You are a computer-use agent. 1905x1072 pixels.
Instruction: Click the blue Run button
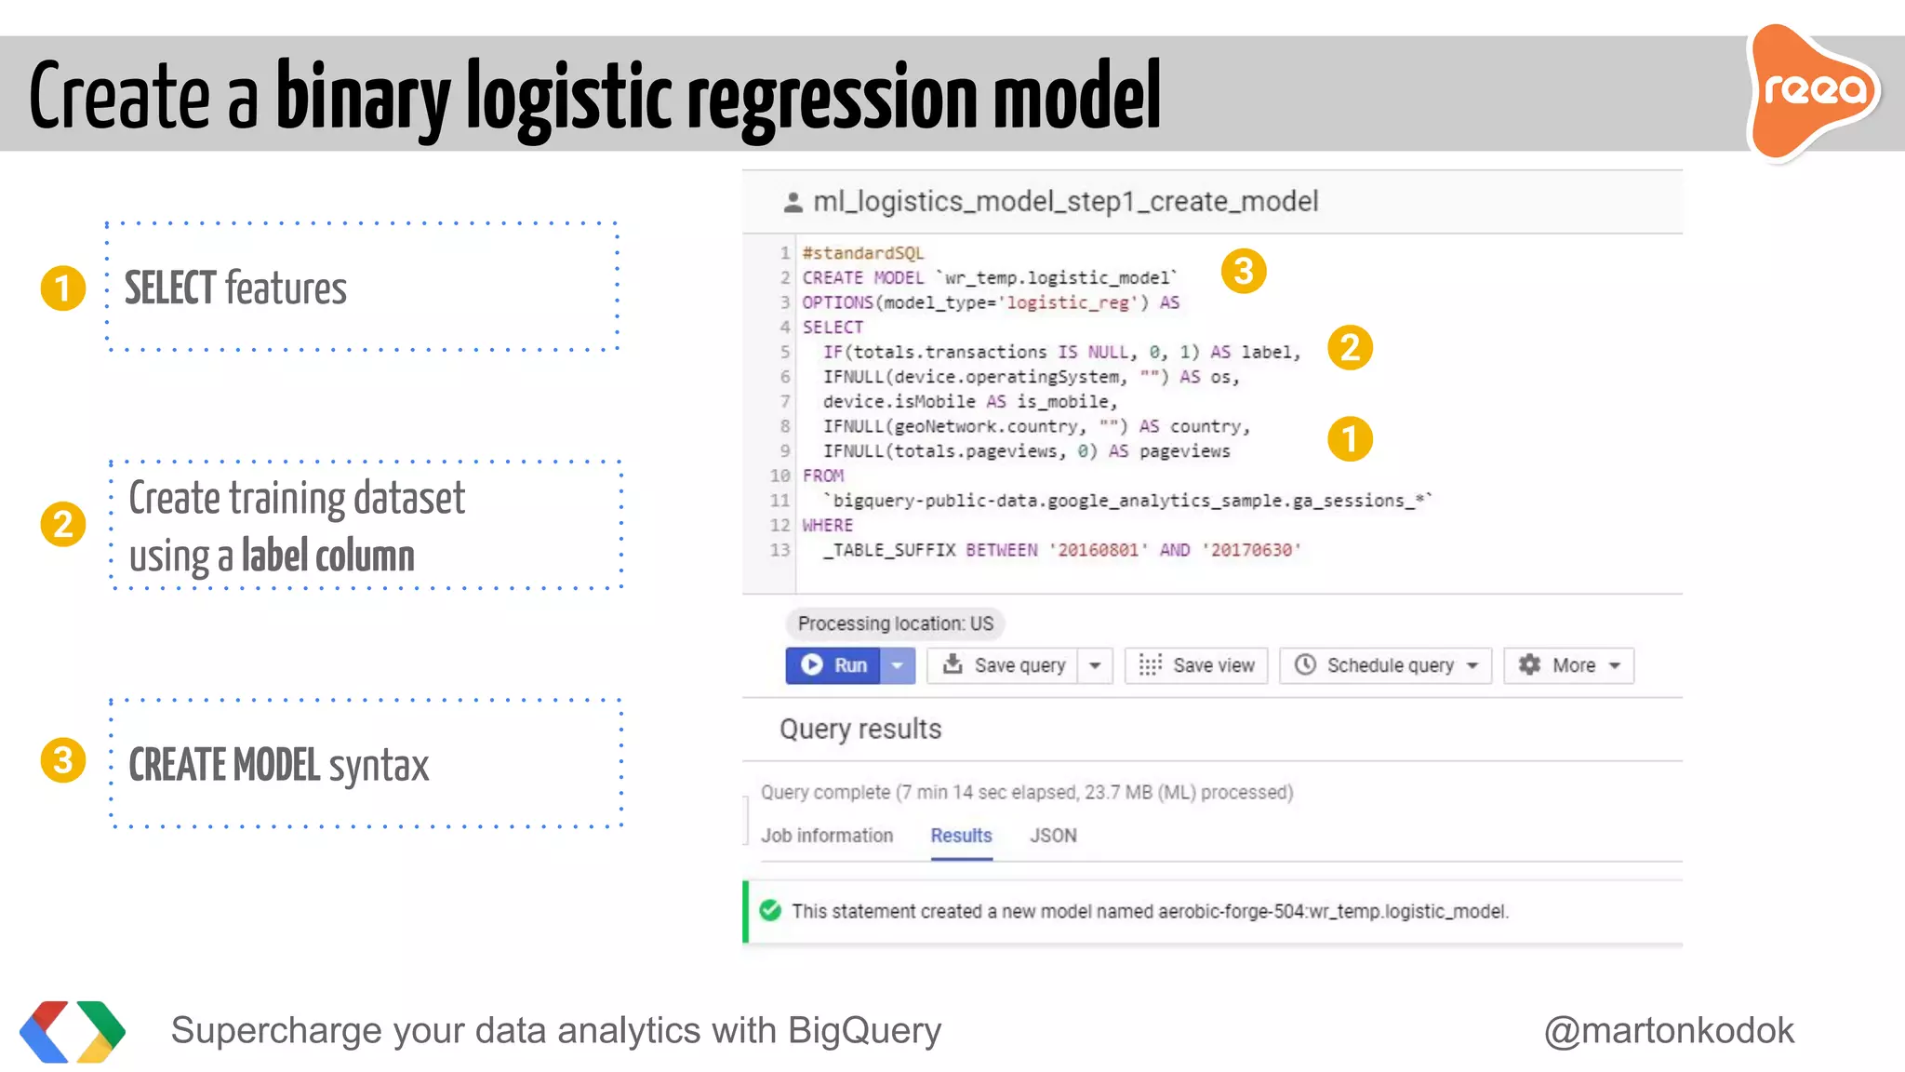click(833, 665)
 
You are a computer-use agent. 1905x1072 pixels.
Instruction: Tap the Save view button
click(1196, 665)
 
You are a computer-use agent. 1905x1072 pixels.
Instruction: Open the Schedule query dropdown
click(1386, 665)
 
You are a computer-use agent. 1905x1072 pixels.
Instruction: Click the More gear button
click(1568, 665)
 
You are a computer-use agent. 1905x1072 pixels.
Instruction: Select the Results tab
click(961, 836)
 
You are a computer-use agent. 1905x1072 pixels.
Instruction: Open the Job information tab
click(827, 836)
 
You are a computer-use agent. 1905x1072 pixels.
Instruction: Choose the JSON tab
click(1053, 836)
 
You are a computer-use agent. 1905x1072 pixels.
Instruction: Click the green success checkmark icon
click(770, 910)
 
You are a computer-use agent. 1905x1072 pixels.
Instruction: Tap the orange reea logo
click(1814, 91)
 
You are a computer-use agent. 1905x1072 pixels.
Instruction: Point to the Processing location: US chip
click(895, 623)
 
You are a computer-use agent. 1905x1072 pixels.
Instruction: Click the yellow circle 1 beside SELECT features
click(63, 288)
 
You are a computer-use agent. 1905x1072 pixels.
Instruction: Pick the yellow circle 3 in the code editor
click(1244, 272)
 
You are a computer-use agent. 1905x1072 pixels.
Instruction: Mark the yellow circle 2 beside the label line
click(1350, 348)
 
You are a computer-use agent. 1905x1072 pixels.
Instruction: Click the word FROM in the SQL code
click(823, 476)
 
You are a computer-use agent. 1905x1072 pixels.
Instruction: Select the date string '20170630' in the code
click(1250, 550)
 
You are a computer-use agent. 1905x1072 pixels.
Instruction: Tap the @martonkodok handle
click(1669, 1030)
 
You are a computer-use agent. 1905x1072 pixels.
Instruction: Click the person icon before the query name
click(793, 202)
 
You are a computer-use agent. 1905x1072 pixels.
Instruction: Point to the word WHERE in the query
click(828, 526)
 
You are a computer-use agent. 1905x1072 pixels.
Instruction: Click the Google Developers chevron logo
click(73, 1031)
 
